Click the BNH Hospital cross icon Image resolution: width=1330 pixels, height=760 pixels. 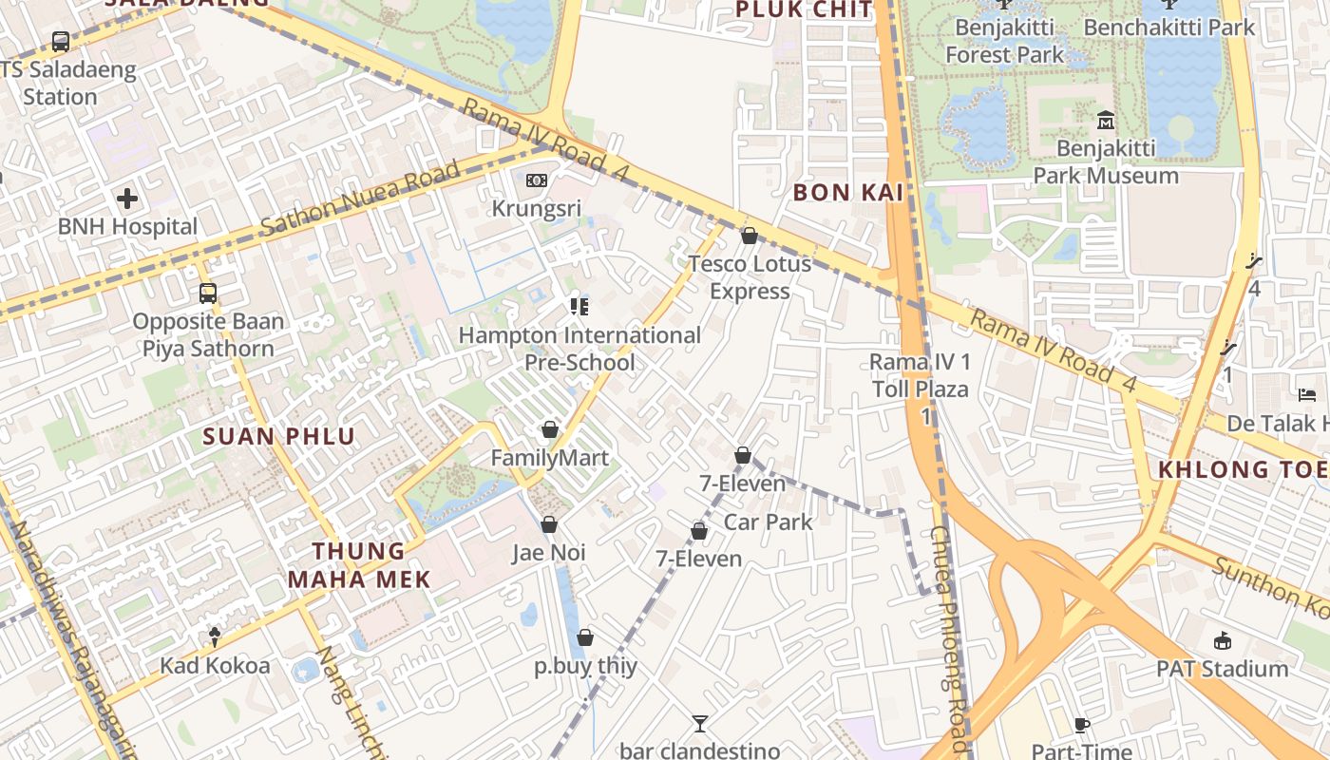coord(127,199)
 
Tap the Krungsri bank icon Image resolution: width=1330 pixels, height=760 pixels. coord(537,180)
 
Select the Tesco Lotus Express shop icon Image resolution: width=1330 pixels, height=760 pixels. coord(750,236)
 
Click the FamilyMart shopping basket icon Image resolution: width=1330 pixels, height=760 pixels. coord(549,430)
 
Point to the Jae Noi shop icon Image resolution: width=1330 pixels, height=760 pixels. coord(549,524)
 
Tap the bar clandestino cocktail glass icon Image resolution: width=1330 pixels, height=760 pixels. coord(699,724)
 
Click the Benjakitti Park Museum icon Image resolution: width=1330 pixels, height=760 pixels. coord(1106,121)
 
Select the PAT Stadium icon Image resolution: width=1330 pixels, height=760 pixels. coord(1223,641)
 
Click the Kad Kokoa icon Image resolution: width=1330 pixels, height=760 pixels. coord(215,637)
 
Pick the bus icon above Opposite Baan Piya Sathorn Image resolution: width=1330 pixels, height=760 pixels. coord(208,293)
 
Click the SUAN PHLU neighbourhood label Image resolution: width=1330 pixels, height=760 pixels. coord(279,437)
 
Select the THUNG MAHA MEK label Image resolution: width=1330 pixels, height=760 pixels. coord(359,565)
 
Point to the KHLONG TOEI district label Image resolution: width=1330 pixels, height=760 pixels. coord(1241,469)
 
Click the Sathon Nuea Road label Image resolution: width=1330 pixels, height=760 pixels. coord(360,199)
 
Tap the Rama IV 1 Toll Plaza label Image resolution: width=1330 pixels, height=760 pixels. coord(921,375)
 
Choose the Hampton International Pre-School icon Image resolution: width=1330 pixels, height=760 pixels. coord(579,306)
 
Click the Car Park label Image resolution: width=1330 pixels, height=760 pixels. coord(769,522)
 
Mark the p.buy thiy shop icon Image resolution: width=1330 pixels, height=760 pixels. coord(585,637)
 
